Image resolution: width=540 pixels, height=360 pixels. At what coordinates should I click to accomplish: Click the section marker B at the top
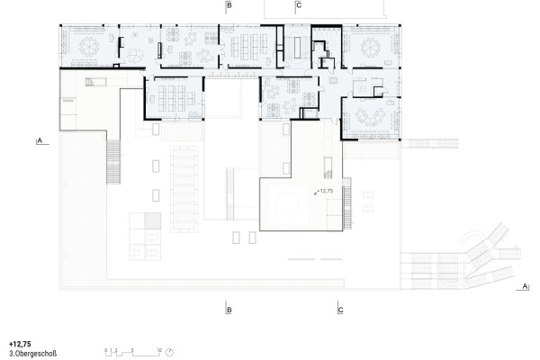(x=229, y=6)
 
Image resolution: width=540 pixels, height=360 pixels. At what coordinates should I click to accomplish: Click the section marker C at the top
(x=299, y=6)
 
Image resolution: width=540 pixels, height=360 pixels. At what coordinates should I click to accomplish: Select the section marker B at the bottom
(x=229, y=310)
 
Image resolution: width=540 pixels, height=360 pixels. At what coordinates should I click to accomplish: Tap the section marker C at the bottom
(x=341, y=310)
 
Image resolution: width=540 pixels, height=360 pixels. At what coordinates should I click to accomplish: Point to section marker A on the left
(x=40, y=141)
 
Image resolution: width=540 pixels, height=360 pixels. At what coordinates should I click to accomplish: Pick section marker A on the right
(x=524, y=287)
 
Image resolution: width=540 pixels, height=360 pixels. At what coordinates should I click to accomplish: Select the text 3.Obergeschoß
(x=32, y=354)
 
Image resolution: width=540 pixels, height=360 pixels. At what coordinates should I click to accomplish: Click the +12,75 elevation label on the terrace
(x=324, y=192)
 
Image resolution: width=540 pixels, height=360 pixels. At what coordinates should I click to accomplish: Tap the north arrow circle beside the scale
(x=169, y=351)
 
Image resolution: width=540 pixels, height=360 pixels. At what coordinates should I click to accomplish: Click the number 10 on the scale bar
(x=159, y=347)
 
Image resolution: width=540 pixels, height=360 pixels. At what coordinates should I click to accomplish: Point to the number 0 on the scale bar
(x=105, y=347)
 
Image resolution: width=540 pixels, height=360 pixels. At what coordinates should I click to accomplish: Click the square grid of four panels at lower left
(x=144, y=236)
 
